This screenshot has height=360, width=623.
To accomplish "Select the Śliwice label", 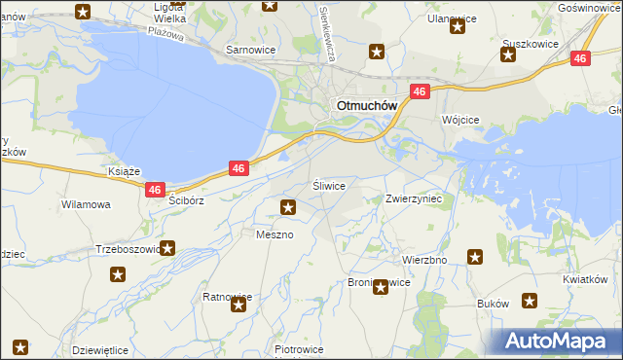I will coord(328,184).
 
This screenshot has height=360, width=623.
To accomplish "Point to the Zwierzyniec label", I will coord(414,198).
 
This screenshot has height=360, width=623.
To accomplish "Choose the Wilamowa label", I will coord(86,205).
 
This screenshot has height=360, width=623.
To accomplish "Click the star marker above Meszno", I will coord(288,206).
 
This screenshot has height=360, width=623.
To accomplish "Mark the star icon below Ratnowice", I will coord(238,306).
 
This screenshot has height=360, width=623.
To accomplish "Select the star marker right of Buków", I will coord(531,303).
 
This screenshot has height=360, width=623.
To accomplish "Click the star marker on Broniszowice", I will coord(380,286).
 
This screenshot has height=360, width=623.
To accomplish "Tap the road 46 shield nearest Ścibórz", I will coord(155,191).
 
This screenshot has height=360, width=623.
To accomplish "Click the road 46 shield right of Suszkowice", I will coord(580,58).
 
